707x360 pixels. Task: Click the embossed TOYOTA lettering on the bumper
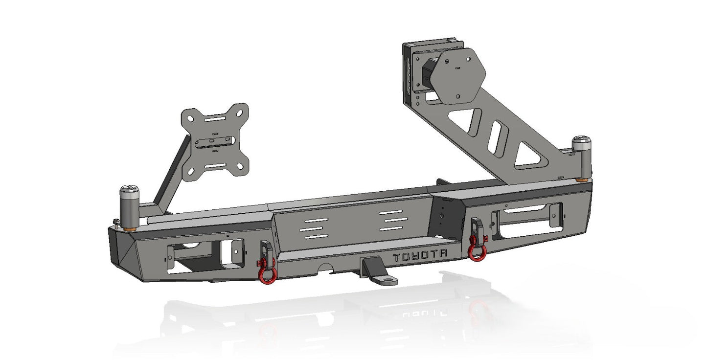click(x=420, y=255)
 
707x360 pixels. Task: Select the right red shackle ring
click(x=477, y=249)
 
